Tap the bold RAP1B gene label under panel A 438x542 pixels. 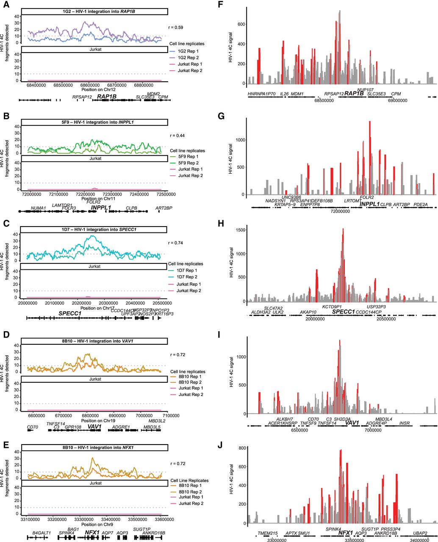click(x=107, y=97)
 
